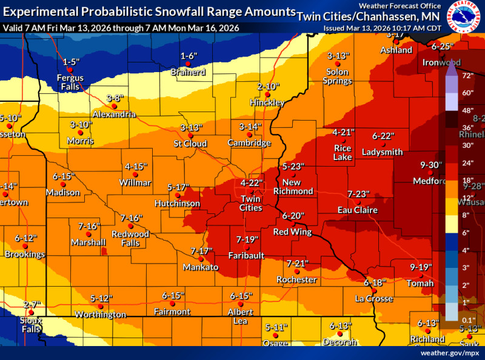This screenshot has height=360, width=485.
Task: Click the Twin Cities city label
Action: click(x=251, y=203)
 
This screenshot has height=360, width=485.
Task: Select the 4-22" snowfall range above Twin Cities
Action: click(x=251, y=183)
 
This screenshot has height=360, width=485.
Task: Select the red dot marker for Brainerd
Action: click(x=189, y=64)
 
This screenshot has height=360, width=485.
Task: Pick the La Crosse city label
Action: click(x=374, y=299)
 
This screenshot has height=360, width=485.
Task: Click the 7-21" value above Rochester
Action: click(x=297, y=263)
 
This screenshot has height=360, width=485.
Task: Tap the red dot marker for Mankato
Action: click(x=201, y=259)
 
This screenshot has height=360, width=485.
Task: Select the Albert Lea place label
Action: click(x=241, y=316)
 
